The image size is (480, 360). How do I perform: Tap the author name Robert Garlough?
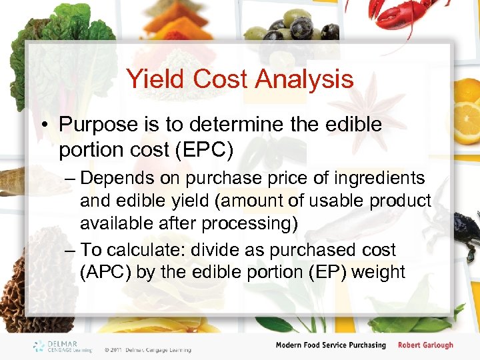tap(425, 345)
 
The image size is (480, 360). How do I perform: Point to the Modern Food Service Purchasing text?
tap(331, 345)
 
